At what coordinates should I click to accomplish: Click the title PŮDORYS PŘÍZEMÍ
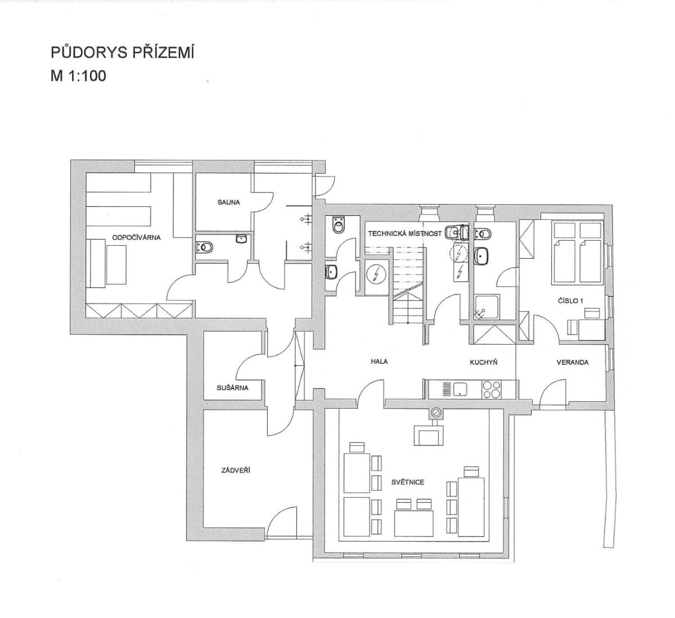coord(123,53)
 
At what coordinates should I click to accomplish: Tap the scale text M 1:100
coord(78,76)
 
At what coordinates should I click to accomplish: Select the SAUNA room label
coord(228,202)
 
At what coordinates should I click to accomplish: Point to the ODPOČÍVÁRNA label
coord(136,237)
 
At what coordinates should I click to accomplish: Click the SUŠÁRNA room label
coord(232,387)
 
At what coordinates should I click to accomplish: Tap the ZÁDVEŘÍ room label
coord(236,470)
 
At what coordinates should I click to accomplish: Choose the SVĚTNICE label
coord(408,482)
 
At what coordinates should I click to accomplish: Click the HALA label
coord(379,362)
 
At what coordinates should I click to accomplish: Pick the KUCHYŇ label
coord(484,362)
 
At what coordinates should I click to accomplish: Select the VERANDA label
coord(573,362)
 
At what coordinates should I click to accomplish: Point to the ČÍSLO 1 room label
coord(570,300)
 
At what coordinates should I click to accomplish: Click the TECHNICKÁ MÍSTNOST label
coord(404,233)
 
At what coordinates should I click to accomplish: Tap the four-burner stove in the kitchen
coord(491,390)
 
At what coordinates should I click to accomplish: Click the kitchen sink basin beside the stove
coord(460,389)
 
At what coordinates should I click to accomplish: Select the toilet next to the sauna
coord(204,247)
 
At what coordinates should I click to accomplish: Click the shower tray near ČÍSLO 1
coord(487,307)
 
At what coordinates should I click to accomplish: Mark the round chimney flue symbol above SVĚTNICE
coord(436,412)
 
